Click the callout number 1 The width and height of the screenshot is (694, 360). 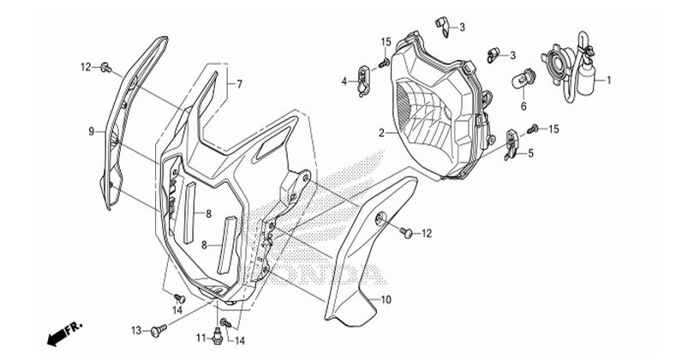[x=608, y=81]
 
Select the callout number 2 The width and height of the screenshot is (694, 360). [x=381, y=133]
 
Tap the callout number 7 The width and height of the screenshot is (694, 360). [x=239, y=84]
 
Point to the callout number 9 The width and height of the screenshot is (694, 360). [x=91, y=131]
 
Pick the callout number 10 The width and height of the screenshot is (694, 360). [x=386, y=300]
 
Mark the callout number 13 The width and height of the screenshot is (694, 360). [x=136, y=330]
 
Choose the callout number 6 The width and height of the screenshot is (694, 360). [x=523, y=106]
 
